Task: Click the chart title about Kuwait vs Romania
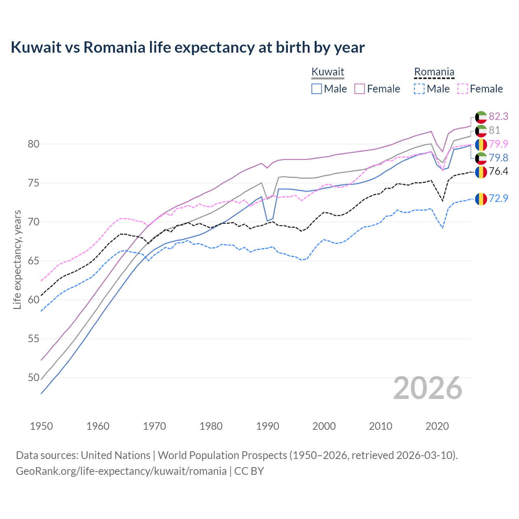(188, 47)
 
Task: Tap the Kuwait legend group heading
(328, 72)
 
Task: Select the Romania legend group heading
(434, 72)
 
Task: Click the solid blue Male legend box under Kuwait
(317, 89)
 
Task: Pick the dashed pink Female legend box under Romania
(463, 89)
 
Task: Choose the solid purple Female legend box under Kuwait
(360, 89)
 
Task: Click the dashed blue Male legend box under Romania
(420, 89)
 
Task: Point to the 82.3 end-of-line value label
(498, 117)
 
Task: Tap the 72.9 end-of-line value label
(498, 199)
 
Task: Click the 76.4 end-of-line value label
(498, 172)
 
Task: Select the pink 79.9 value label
(498, 144)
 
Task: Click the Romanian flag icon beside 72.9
(481, 199)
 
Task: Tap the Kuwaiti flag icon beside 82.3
(481, 117)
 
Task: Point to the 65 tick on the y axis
(33, 261)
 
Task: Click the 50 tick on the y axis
(33, 377)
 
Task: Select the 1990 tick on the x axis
(268, 426)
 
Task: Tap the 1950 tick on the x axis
(41, 426)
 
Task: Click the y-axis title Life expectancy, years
(17, 259)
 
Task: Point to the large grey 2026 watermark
(427, 388)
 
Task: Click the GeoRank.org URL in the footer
(121, 471)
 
